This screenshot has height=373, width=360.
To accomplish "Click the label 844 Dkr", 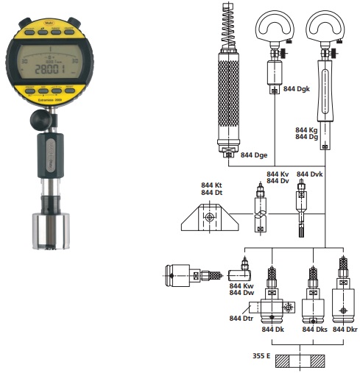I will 345,329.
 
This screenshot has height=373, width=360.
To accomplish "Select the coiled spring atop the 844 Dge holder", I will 228,26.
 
